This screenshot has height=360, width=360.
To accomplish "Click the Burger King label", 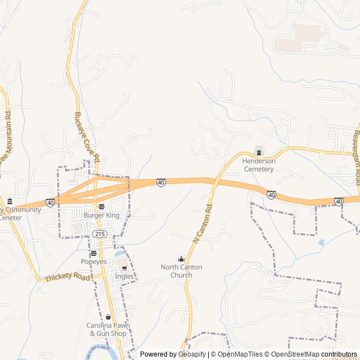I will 102,215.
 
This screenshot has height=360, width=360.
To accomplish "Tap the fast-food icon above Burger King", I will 101,206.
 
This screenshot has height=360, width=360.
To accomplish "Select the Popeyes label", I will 93,262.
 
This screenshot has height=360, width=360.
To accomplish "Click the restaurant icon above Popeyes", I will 93,253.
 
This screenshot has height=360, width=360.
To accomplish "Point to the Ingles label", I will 124,277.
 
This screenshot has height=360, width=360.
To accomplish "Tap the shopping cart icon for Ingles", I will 124,268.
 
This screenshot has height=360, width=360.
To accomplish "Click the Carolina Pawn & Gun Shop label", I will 108,330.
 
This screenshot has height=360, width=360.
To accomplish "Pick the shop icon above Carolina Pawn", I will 108,317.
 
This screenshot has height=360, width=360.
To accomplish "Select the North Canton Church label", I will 181,271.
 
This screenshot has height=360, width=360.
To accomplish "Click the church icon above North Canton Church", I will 181,259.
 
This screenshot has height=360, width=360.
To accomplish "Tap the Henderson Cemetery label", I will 258,165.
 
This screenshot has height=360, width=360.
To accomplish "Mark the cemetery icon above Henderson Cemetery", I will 259,152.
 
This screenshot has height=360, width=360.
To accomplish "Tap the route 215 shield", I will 100,233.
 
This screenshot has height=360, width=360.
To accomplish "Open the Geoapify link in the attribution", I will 192,354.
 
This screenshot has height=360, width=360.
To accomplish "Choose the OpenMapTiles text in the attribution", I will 239,354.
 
